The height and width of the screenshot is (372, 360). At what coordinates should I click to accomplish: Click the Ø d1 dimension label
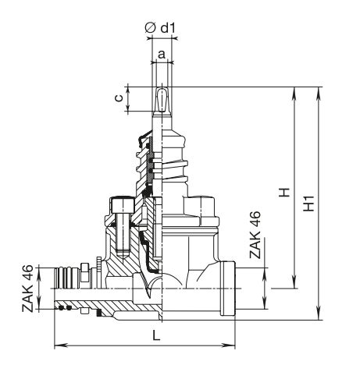(x=161, y=27)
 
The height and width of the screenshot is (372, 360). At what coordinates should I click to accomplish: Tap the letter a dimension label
(x=162, y=55)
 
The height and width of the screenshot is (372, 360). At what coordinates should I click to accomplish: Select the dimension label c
(x=119, y=98)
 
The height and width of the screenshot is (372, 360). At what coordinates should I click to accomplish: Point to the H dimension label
(x=284, y=192)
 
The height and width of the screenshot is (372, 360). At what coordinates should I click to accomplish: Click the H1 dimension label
(x=310, y=203)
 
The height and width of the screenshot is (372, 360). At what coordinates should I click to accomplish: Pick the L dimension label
(x=156, y=336)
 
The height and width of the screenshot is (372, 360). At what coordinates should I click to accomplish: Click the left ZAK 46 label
(x=28, y=289)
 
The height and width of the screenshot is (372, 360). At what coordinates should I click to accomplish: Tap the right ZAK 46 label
(x=255, y=235)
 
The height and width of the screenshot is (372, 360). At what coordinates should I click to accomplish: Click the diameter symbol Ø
(x=150, y=28)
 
